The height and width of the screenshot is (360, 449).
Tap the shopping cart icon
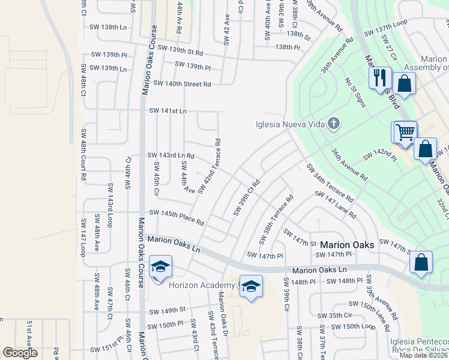[x=406, y=131]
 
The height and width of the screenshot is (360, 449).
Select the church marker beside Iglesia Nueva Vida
[x=334, y=125]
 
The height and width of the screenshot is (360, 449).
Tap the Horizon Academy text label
[x=201, y=285]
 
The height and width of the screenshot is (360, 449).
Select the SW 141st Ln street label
[x=168, y=111]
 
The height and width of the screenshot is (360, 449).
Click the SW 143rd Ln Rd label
[x=171, y=155]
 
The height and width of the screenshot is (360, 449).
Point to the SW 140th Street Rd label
[x=182, y=84]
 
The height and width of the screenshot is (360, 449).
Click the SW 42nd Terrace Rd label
[x=209, y=167]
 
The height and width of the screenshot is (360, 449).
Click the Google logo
[x=20, y=353]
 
